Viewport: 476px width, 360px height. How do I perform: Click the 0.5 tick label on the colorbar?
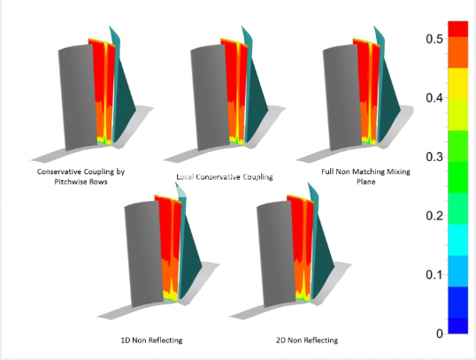(434, 39)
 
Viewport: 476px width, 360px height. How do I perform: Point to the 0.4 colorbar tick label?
(434, 98)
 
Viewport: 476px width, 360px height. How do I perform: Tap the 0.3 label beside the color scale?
(434, 157)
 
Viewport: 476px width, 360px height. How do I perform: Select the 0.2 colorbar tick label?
(434, 216)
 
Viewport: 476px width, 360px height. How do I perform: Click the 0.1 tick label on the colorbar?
(434, 274)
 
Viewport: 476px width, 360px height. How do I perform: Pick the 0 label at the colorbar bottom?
(440, 333)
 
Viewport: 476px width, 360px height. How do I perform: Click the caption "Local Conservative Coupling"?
(225, 177)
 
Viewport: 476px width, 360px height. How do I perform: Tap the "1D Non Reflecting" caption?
(152, 340)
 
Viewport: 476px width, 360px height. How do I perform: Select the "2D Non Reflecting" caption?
(307, 340)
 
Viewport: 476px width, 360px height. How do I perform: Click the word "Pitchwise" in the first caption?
(68, 182)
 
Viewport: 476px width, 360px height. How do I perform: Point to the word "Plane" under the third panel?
(365, 182)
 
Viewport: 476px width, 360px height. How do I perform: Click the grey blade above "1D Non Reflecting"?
(143, 254)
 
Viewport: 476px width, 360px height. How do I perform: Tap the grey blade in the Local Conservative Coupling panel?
(210, 97)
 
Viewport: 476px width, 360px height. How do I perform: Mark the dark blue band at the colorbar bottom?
(457, 326)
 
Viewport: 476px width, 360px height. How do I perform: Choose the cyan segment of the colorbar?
(457, 240)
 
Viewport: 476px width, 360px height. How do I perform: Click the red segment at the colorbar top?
(457, 29)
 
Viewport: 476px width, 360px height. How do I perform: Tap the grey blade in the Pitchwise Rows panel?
(77, 97)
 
